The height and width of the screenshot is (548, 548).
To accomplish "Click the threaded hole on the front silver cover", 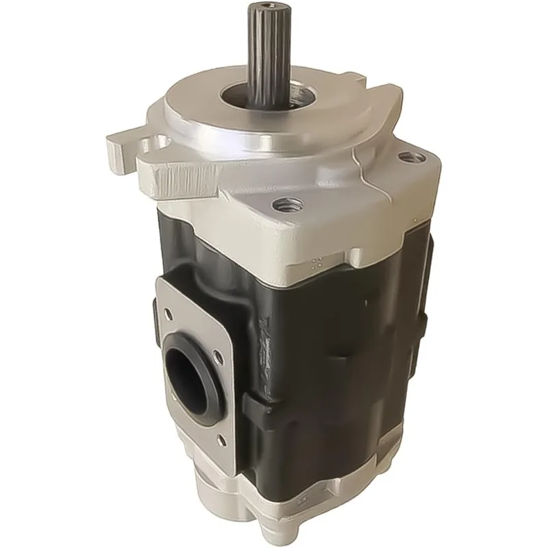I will point(285,203).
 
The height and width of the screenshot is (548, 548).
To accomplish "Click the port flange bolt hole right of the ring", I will point(219,354).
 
